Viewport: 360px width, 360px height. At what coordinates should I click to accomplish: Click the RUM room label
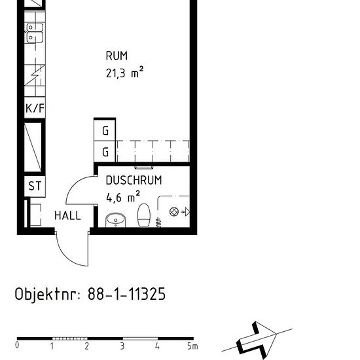pyautogui.click(x=117, y=56)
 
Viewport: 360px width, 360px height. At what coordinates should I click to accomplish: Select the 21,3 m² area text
pyautogui.click(x=124, y=72)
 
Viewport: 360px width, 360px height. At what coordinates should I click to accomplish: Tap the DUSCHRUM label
pyautogui.click(x=134, y=180)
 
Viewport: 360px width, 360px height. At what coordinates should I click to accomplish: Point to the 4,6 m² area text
pyautogui.click(x=123, y=197)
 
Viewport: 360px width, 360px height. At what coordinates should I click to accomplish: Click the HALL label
pyautogui.click(x=67, y=215)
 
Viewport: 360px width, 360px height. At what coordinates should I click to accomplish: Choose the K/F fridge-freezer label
pyautogui.click(x=35, y=108)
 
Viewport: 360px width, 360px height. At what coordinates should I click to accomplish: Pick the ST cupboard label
pyautogui.click(x=35, y=186)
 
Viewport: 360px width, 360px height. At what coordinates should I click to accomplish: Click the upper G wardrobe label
pyautogui.click(x=105, y=131)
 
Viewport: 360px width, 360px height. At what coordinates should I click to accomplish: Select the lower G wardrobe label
pyautogui.click(x=105, y=152)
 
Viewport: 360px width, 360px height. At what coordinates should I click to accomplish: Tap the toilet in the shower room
pyautogui.click(x=144, y=215)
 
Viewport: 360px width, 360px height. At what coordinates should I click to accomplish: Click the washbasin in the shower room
pyautogui.click(x=115, y=221)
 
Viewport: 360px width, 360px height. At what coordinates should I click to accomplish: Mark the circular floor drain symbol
pyautogui.click(x=174, y=211)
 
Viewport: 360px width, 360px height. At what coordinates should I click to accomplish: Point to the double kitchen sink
pyautogui.click(x=35, y=33)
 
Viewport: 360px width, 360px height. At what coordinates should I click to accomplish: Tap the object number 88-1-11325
pyautogui.click(x=126, y=294)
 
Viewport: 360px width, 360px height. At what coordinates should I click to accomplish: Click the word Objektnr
pyautogui.click(x=47, y=294)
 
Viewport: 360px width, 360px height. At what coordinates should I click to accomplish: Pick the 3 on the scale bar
pyautogui.click(x=122, y=346)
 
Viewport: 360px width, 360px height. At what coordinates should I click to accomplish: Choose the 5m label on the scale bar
pyautogui.click(x=192, y=346)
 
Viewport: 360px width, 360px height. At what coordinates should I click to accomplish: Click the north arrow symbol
pyautogui.click(x=257, y=340)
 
